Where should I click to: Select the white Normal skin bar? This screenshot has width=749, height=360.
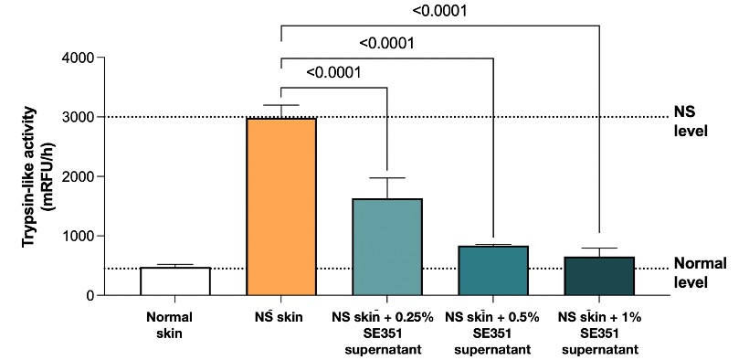(x=175, y=281)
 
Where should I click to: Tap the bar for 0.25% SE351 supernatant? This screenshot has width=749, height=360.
(x=387, y=247)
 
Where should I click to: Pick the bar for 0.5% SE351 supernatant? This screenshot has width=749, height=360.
(x=493, y=270)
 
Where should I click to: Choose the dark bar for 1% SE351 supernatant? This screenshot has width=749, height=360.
(x=599, y=276)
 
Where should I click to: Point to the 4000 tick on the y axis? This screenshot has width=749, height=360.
(x=76, y=58)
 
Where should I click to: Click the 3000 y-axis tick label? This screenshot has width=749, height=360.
(x=76, y=117)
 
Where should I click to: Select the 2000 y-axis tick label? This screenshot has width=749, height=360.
(x=76, y=176)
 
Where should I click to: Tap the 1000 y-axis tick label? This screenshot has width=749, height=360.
(x=76, y=236)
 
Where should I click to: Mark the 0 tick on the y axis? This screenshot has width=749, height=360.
(x=88, y=295)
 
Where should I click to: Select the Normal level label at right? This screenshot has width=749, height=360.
(x=700, y=272)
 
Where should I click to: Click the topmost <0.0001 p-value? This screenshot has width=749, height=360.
(x=438, y=11)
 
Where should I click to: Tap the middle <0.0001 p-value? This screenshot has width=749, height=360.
(x=387, y=43)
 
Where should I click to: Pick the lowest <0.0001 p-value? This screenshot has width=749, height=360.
(x=334, y=72)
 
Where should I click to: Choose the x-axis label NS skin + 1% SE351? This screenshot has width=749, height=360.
(x=599, y=333)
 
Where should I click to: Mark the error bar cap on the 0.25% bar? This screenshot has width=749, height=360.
(x=387, y=178)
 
